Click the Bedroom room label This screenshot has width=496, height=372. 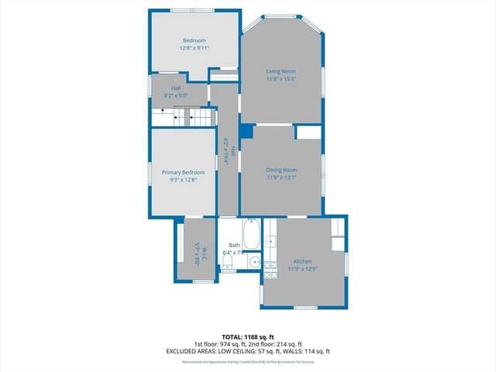point(194,40)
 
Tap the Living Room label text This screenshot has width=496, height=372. point(281,71)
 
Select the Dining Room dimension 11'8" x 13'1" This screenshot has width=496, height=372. point(281,177)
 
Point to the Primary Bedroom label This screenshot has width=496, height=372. point(183,172)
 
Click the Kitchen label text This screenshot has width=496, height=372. point(302,261)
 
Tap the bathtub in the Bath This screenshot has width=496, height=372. point(252,232)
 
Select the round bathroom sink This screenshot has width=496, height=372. point(253,262)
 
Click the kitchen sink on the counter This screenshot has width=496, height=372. point(270,242)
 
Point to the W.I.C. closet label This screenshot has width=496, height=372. point(198,254)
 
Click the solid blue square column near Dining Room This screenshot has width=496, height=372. point(246,132)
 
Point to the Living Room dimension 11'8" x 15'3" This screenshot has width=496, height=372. point(281,78)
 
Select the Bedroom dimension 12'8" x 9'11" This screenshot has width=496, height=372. point(194,47)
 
